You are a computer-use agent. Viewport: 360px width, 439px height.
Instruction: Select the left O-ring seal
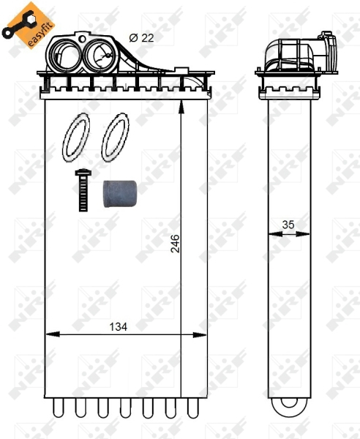tap(76, 138)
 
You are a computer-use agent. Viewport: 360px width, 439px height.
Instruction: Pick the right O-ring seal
tap(113, 138)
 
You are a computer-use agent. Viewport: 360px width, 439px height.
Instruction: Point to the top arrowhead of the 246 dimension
tap(181, 105)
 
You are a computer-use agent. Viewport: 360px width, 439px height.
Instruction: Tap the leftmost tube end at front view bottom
tap(56, 407)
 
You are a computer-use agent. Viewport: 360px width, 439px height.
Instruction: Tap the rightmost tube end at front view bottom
tap(193, 407)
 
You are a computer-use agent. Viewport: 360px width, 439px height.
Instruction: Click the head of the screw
tap(82, 173)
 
